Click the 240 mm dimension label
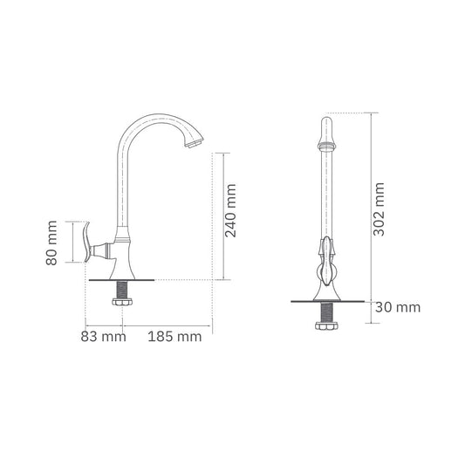pos(230,213)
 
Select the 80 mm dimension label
pos(53,243)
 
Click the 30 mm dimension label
pos(398,307)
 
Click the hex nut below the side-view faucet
pos(122,302)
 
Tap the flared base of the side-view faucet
pos(123,266)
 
